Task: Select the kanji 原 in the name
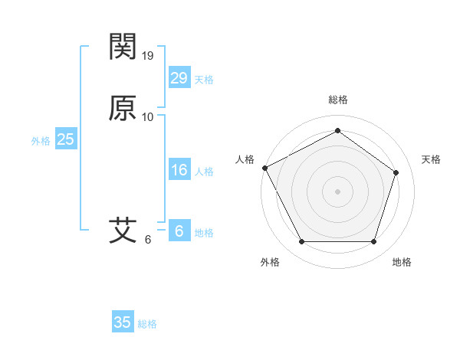pos(123,109)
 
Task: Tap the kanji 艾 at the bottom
pos(123,230)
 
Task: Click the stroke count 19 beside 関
pos(149,54)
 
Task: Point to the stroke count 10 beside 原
pos(148,117)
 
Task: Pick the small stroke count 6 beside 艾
pos(148,239)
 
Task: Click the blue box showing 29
pos(179,78)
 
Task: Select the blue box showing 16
pos(179,170)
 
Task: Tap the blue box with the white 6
pos(179,231)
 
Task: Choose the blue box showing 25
pos(65,139)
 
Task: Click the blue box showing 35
pos(123,322)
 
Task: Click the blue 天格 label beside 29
pos(204,80)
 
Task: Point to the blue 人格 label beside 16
pos(204,172)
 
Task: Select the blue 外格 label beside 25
pos(41,141)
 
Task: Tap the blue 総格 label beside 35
pos(147,324)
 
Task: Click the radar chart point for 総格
pos(337,130)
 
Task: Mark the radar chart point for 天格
pos(396,172)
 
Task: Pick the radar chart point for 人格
pos(264,167)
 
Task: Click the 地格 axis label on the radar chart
pos(402,262)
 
